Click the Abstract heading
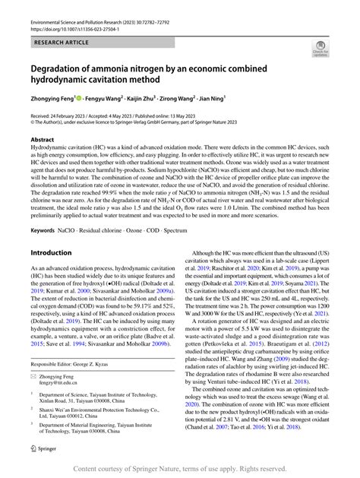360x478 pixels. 42,141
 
